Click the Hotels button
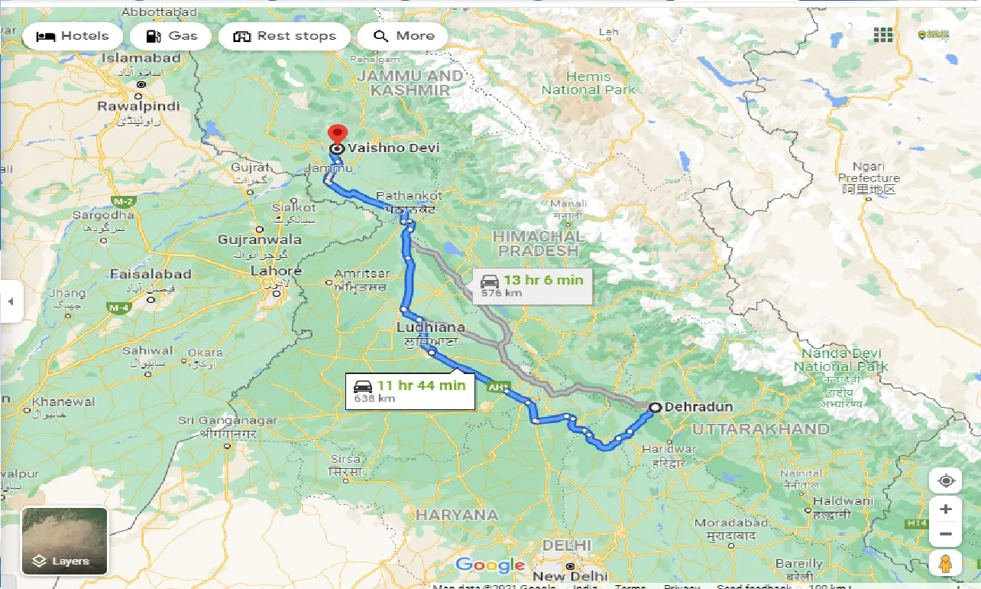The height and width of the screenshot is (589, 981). click(73, 36)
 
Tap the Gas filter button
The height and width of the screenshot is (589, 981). click(170, 36)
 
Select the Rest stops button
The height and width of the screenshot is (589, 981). click(284, 36)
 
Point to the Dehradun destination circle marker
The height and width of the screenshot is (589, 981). click(655, 408)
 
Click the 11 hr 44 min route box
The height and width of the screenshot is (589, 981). click(410, 391)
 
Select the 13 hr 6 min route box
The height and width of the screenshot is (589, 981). click(532, 285)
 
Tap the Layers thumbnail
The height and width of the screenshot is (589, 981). click(64, 541)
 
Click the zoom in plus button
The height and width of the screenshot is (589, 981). click(946, 509)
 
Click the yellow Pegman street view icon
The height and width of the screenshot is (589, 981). click(946, 562)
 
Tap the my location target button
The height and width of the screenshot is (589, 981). click(946, 481)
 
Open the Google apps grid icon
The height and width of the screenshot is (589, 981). click(883, 34)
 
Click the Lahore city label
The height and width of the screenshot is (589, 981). click(277, 272)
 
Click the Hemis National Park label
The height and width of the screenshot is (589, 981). click(588, 83)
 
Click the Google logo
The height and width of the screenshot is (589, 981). click(490, 565)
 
